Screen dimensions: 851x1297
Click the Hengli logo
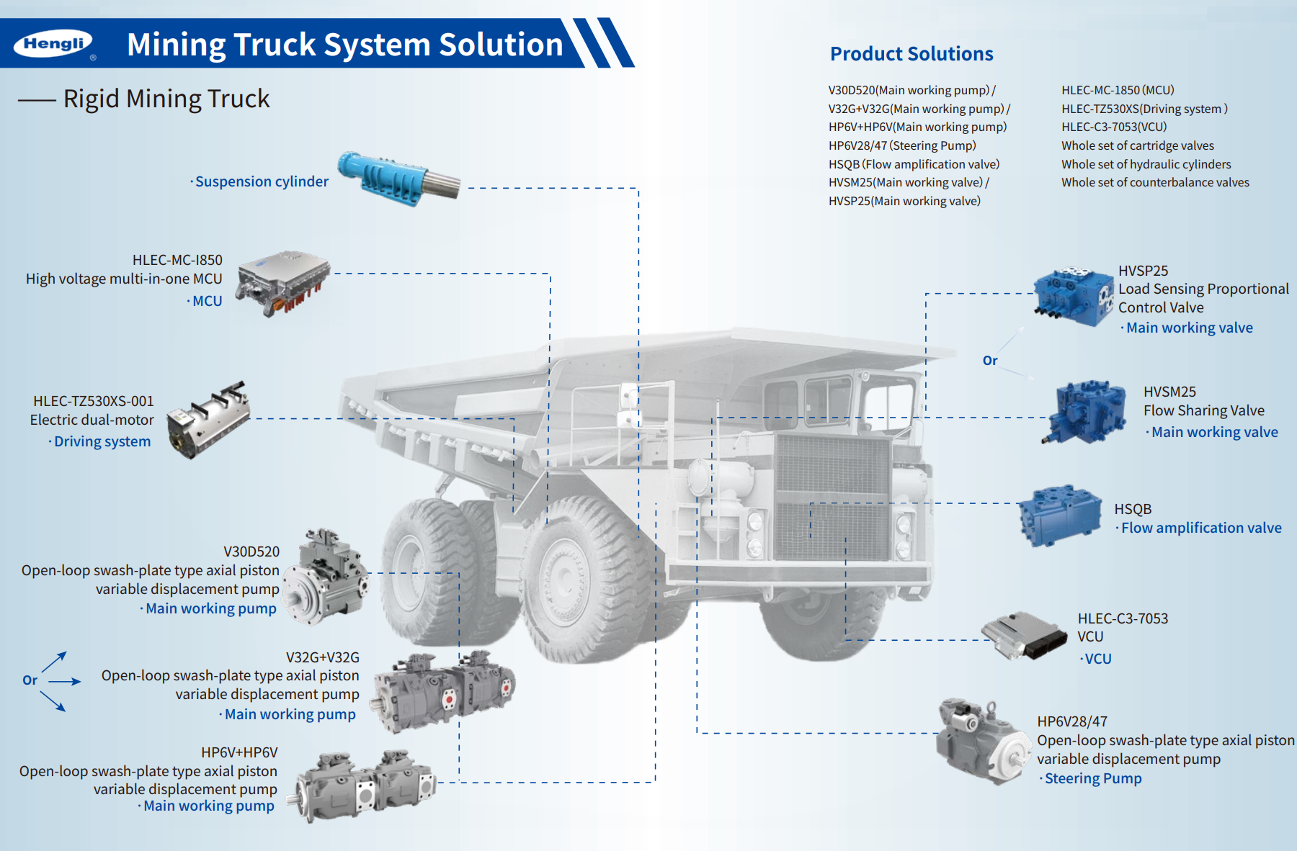click(x=54, y=44)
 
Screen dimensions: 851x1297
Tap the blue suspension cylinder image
click(x=398, y=179)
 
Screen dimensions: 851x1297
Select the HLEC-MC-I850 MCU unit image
click(x=284, y=283)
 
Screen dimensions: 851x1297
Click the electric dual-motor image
click(x=209, y=420)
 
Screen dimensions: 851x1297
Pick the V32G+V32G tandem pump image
click(x=443, y=690)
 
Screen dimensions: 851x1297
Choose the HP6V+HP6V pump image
click(x=363, y=785)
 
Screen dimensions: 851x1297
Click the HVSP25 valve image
click(x=1074, y=297)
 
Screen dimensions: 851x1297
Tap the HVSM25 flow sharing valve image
click(x=1087, y=411)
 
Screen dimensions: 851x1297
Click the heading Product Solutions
click(x=912, y=54)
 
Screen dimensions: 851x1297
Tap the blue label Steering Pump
click(x=1093, y=778)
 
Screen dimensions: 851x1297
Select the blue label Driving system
click(x=102, y=441)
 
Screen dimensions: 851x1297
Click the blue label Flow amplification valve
click(x=1201, y=528)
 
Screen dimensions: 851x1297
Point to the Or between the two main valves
click(x=990, y=361)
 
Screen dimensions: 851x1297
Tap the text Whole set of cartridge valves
click(x=1137, y=145)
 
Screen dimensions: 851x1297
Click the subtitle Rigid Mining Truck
click(x=166, y=99)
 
